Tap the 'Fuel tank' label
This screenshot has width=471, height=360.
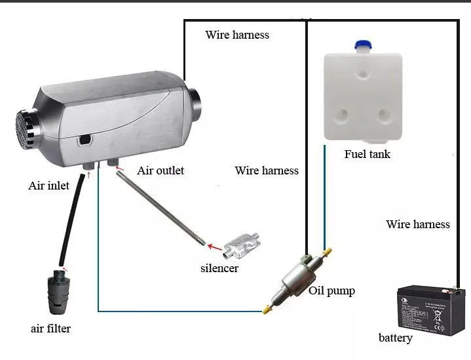click(x=367, y=155)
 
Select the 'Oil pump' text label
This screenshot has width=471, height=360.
click(x=331, y=290)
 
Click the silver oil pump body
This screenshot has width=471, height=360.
click(x=295, y=279)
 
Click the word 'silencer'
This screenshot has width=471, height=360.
click(x=219, y=268)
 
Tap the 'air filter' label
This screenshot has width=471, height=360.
click(x=50, y=329)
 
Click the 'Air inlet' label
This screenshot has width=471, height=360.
click(x=48, y=186)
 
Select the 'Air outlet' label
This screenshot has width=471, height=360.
click(x=160, y=170)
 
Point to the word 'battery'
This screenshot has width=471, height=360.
click(x=396, y=338)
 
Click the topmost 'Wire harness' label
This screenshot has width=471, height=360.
click(x=237, y=35)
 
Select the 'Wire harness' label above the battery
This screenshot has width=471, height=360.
click(x=418, y=224)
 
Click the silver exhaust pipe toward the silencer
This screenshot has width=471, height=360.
click(x=164, y=210)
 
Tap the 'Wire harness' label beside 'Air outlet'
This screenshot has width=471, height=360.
click(x=267, y=170)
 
